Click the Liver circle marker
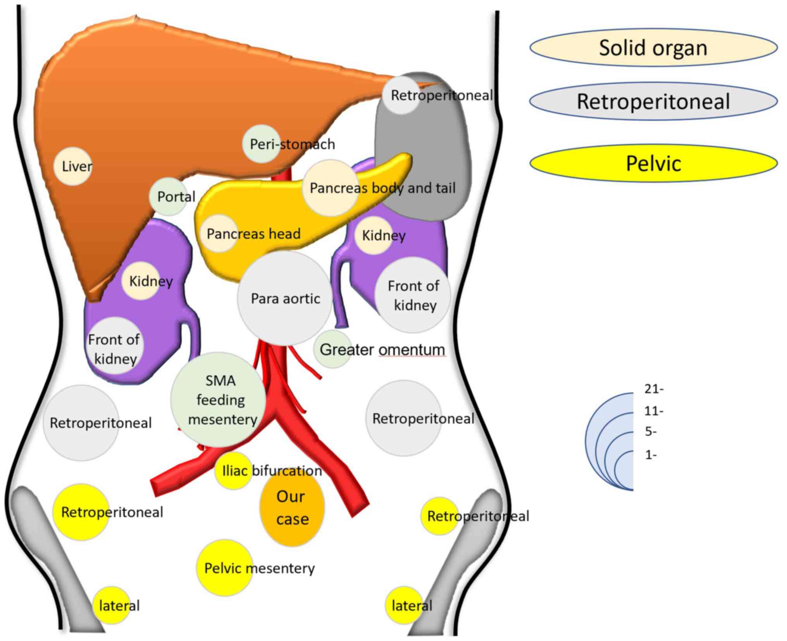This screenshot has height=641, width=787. tap(73, 166)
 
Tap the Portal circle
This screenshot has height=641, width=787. tap(168, 196)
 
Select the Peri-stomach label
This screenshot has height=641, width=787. tap(292, 144)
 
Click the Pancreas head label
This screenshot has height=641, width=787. tap(253, 234)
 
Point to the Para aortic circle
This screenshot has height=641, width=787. tap(285, 298)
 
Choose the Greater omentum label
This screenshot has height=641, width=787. tap(382, 349)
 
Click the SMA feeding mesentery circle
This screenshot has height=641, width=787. tap(219, 400)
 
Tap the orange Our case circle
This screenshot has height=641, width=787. tap(292, 508)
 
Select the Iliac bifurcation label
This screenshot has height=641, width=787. tap(272, 471)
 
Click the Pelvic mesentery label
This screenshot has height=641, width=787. tap(259, 568)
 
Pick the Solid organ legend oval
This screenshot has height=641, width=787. tap(653, 48)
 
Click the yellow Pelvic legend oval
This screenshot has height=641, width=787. tap(653, 163)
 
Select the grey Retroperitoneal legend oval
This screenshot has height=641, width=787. tap(653, 101)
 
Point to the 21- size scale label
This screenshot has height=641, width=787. tap(654, 389)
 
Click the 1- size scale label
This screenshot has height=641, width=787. tap(651, 455)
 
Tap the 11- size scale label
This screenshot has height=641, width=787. tap(654, 411)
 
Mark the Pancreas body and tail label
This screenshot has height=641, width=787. tap(382, 188)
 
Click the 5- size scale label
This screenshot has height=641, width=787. tap(651, 431)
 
